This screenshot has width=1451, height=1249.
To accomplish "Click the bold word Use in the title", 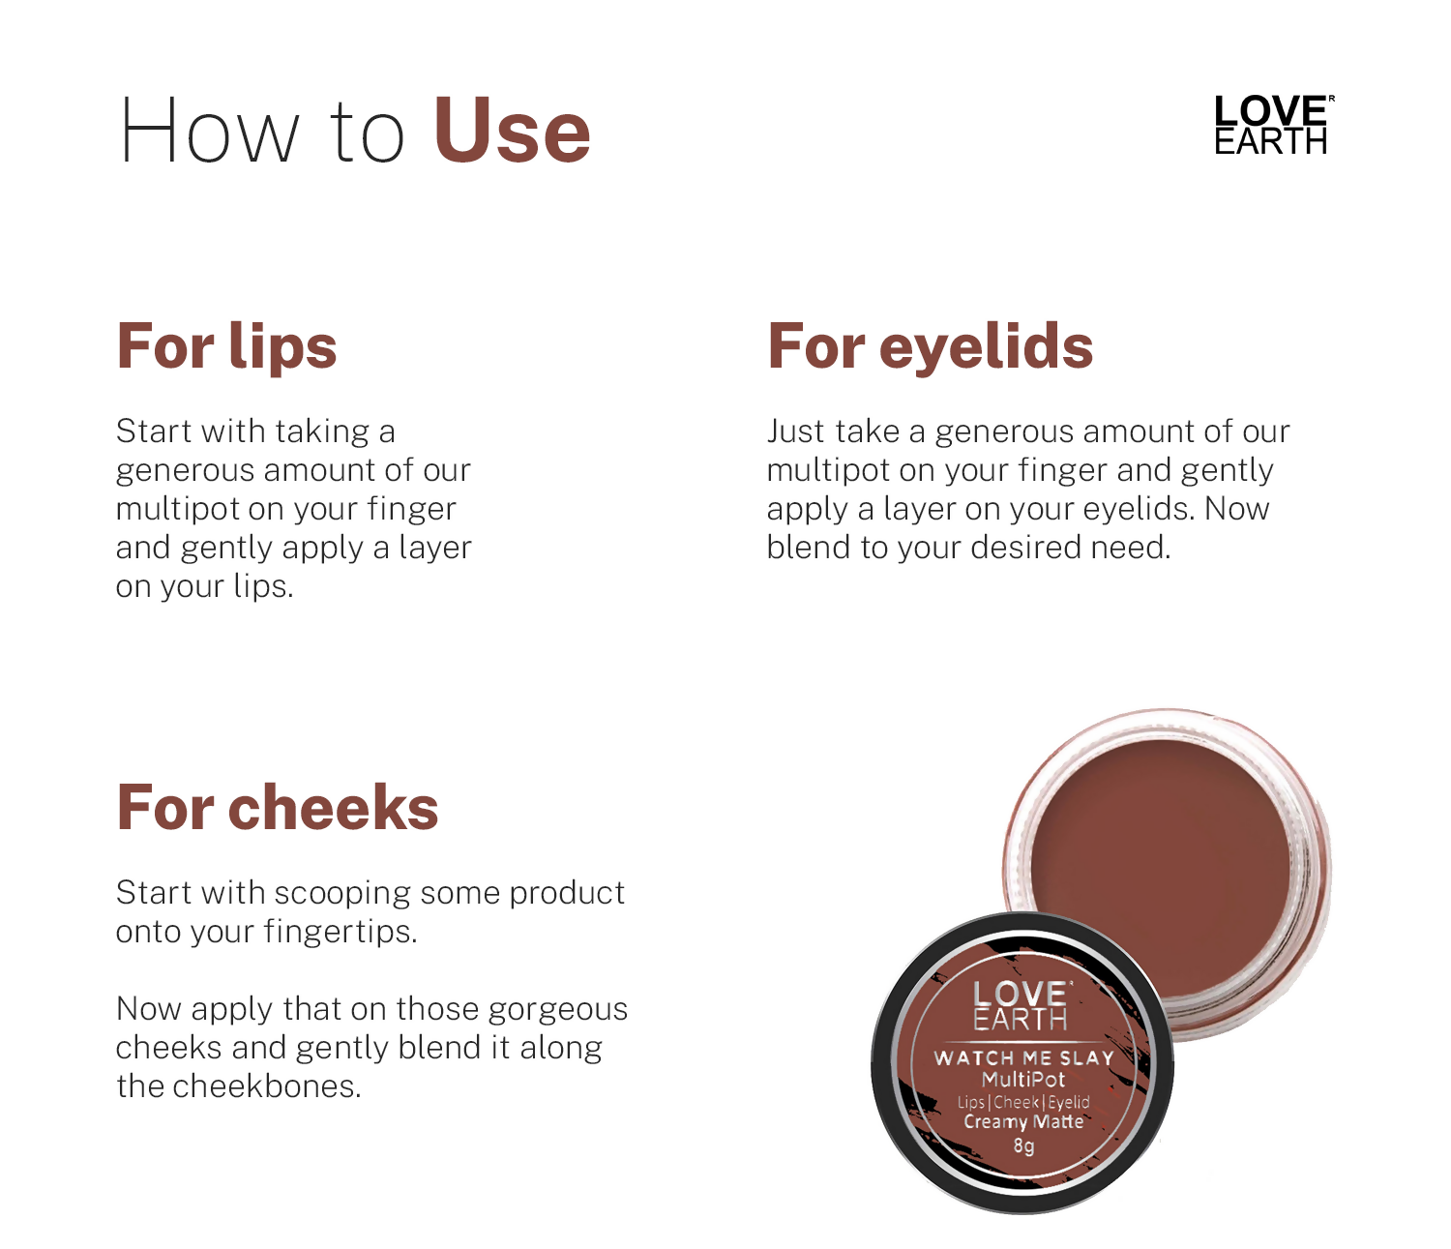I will pos(511,132).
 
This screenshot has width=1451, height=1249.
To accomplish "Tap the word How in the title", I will pos(210,132).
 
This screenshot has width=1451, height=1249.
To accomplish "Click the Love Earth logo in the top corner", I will pos(1273,125).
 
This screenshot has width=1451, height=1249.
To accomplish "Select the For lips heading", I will pos(226,346).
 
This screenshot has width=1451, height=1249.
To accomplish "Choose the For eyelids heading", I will pos(930,346).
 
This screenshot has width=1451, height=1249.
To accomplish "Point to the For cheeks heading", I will pos(277,808).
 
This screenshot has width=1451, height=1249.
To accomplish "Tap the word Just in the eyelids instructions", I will pos(795,431).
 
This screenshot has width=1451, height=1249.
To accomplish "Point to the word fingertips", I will pos(340,932).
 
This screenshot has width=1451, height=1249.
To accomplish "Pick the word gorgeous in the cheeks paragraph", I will pos(557,1009).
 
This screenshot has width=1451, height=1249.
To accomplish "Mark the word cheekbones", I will pos(266,1086).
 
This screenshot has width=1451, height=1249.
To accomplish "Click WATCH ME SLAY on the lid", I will pos(1023,1058).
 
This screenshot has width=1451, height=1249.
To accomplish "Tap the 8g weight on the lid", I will pos(1023,1146).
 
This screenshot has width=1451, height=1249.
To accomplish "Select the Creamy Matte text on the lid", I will pos(1023,1122).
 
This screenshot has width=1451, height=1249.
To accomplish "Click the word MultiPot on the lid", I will pos(1023,1080).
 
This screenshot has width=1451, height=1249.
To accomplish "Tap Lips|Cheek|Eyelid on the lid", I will pos(1023,1102).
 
